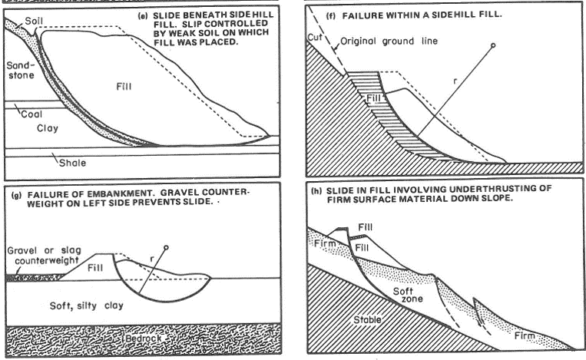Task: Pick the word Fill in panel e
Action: (x=123, y=86)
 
